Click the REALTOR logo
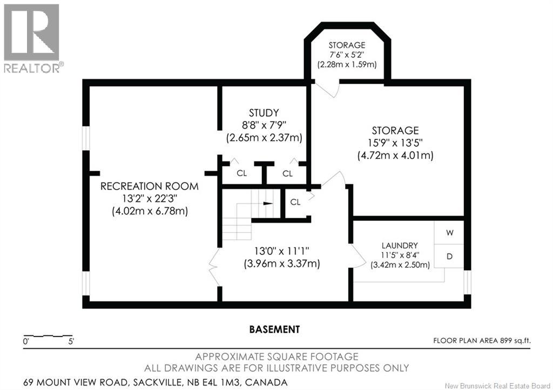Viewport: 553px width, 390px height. (33, 38)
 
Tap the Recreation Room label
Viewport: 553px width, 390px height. (150, 186)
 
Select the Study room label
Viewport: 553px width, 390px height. (264, 113)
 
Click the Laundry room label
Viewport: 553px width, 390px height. (400, 245)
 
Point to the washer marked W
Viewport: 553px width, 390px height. (449, 233)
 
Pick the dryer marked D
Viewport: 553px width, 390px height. (449, 257)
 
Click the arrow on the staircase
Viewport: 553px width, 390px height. (268, 204)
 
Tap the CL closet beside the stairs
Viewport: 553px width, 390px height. (295, 202)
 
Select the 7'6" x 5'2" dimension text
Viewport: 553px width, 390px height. (347, 55)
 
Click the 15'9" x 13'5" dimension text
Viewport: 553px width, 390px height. (395, 143)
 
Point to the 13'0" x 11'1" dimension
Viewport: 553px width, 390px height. (282, 251)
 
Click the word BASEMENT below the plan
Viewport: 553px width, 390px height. (274, 330)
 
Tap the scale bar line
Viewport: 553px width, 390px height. (48, 335)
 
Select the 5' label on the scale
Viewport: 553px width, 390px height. (71, 342)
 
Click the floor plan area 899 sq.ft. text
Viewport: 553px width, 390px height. (482, 341)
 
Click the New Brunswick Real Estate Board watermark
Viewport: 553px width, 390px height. (497, 386)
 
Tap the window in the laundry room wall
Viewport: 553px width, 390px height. (467, 282)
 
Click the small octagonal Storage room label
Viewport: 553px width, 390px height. (347, 45)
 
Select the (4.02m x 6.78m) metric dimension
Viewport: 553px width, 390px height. (150, 211)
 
